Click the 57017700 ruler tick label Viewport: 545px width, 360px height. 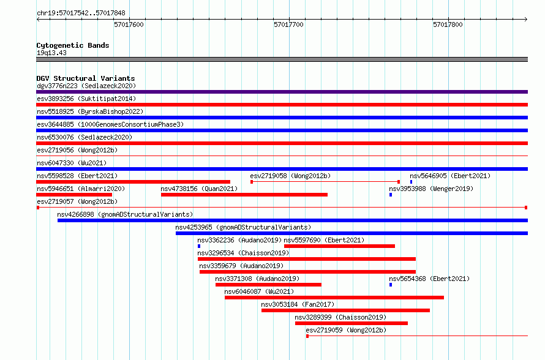tap(288, 24)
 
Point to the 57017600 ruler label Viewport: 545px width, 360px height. tap(129, 24)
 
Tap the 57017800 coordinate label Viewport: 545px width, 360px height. tap(448, 24)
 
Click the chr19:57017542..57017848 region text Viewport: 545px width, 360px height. tap(81, 13)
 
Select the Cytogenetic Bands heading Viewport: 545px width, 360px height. tap(73, 45)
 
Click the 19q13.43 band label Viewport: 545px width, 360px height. tap(51, 53)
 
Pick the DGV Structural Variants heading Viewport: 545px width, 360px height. tap(86, 78)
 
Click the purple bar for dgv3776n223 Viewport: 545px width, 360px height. tap(282, 92)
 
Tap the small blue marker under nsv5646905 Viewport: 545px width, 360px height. tap(411, 182)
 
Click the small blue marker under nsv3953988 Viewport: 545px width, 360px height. tap(391, 195)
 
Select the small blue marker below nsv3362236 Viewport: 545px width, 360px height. tap(199, 246)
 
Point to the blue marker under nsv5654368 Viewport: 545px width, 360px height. tap(391, 285)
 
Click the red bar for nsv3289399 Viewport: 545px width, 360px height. tap(351, 323)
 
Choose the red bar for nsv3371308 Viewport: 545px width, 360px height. tap(268, 285)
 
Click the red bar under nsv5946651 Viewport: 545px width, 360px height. tap(74, 195)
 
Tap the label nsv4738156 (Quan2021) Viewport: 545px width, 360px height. tap(199, 189)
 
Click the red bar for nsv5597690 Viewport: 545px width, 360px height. tap(340, 246)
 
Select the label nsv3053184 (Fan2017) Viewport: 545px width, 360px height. tap(298, 304)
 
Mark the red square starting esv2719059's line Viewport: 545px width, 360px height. tap(307, 336)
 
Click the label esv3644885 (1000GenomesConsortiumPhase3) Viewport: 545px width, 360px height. tap(110, 124)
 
